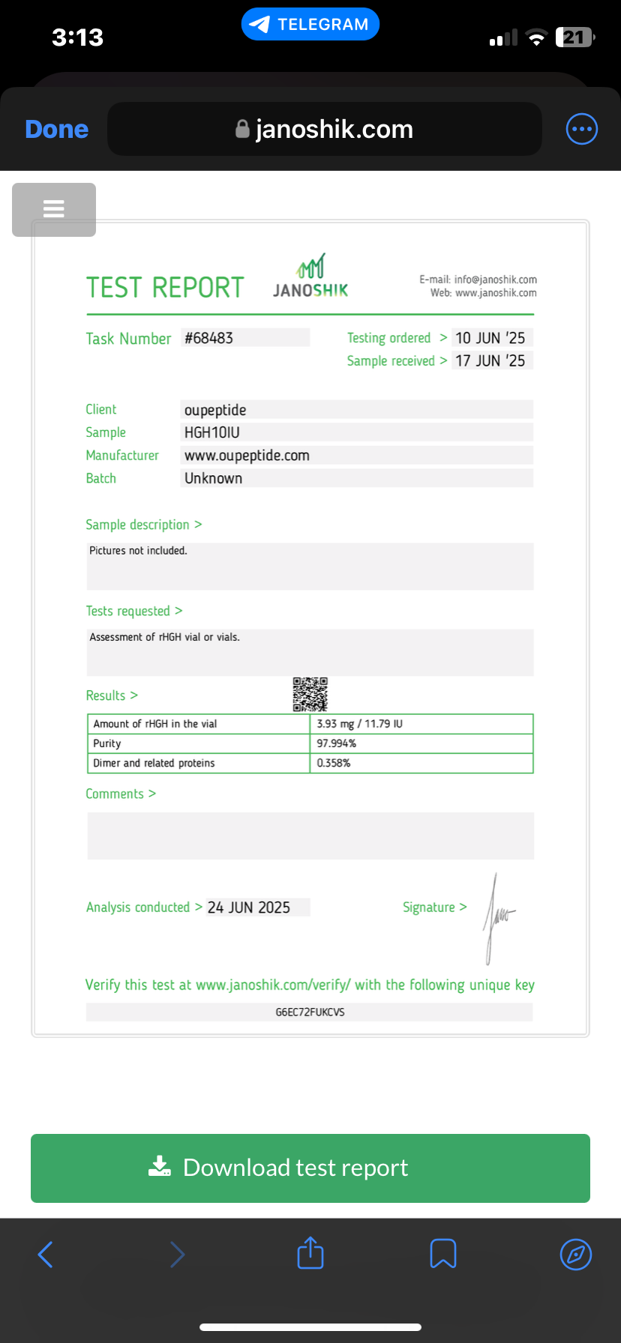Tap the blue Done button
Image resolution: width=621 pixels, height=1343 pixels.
[x=57, y=129]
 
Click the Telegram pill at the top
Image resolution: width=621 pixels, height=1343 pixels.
[x=310, y=24]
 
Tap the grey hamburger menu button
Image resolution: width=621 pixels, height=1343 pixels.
[x=54, y=209]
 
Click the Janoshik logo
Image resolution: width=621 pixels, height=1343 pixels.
[x=310, y=276]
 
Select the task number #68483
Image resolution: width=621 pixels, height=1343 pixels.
[x=209, y=338]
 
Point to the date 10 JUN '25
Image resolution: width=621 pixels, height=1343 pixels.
[x=490, y=338]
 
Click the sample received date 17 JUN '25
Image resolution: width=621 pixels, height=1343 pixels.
[x=490, y=360]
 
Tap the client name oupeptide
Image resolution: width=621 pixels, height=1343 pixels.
[x=215, y=410]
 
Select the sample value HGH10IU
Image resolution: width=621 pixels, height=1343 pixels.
[x=212, y=432]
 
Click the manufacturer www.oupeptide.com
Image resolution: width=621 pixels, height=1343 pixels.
[x=247, y=456]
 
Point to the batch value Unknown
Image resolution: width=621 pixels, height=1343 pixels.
[x=214, y=478]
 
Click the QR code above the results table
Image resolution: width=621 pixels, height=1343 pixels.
[x=310, y=694]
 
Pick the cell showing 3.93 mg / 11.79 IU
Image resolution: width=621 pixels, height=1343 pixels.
[x=360, y=724]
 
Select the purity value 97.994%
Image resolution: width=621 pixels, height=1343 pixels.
[x=337, y=743]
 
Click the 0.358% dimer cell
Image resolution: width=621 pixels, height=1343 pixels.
[x=334, y=763]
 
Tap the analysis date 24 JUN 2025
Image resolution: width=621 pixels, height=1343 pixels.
[x=249, y=908]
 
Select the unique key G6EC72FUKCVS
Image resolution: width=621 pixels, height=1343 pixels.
[x=310, y=1012]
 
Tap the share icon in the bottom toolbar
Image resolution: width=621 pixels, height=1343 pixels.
[x=310, y=1253]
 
